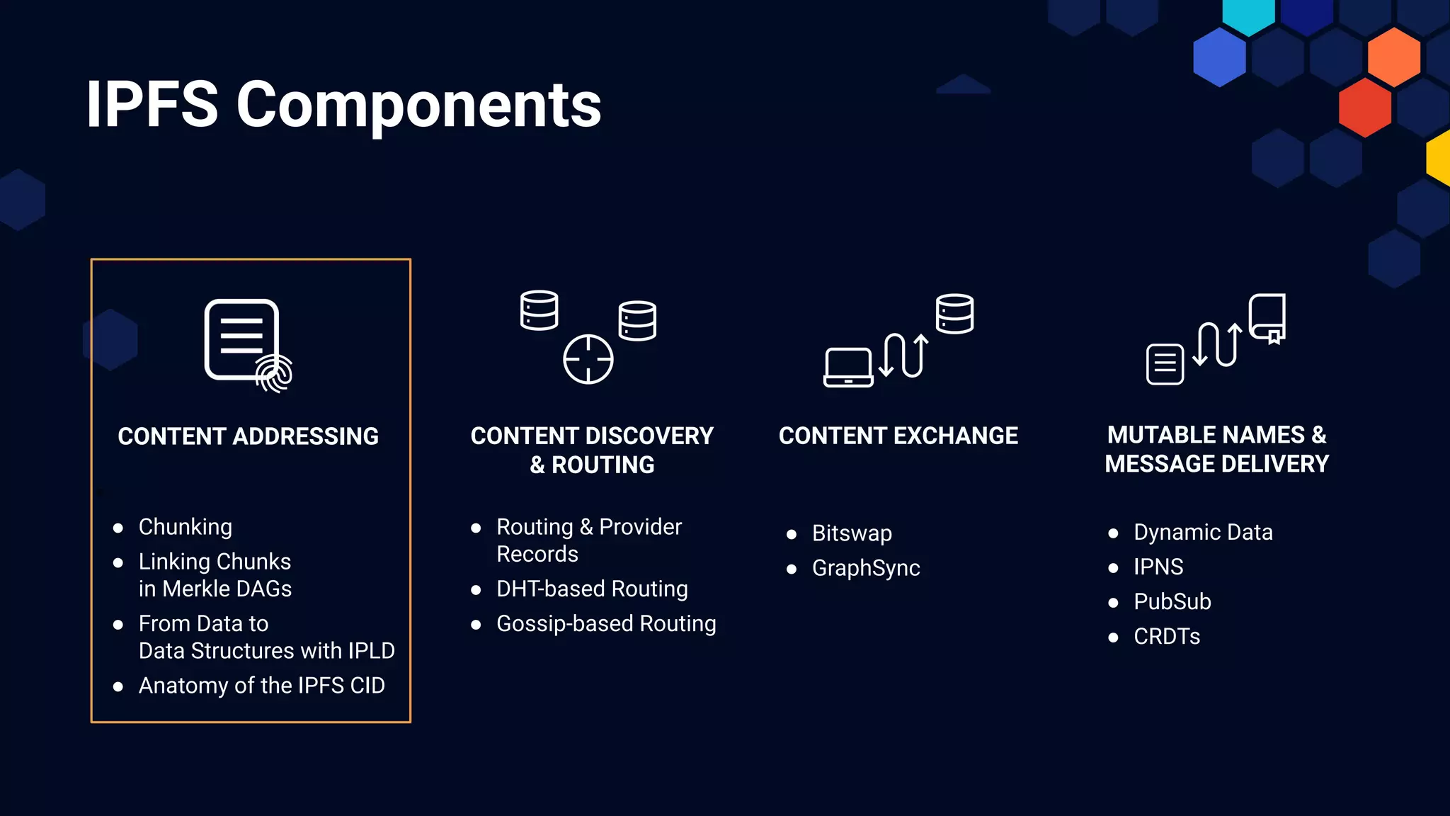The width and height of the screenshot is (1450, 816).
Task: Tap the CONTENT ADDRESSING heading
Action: click(249, 436)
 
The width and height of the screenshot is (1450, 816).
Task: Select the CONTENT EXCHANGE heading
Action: click(898, 436)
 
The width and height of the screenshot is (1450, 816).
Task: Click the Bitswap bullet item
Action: click(852, 533)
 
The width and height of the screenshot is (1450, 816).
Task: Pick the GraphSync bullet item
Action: click(866, 568)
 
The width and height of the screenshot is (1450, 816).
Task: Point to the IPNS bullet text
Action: click(1158, 567)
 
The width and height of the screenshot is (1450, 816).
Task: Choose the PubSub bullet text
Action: click(1172, 601)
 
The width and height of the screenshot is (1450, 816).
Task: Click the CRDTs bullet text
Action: click(1167, 636)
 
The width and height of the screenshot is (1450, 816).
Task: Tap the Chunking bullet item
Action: click(185, 527)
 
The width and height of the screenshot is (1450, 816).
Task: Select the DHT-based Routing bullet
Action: click(592, 589)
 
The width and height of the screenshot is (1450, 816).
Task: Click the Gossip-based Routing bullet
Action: click(606, 623)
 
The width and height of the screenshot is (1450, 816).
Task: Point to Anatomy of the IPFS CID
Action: click(262, 686)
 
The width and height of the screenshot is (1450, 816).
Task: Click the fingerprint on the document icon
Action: click(275, 373)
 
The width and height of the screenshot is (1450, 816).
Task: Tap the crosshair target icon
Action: click(588, 359)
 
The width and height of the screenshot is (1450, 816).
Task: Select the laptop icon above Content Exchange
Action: click(848, 367)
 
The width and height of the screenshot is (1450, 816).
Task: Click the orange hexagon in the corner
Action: click(1393, 57)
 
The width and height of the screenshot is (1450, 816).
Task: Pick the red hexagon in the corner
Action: click(1364, 108)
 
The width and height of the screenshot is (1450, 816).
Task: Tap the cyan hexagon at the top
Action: click(1248, 14)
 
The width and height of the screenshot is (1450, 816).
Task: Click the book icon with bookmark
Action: click(1267, 318)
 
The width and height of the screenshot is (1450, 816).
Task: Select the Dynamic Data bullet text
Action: click(1203, 532)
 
